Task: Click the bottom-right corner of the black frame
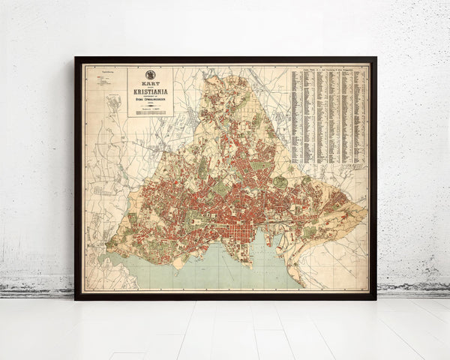[x=374, y=298]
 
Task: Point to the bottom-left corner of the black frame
[x=76, y=298]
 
